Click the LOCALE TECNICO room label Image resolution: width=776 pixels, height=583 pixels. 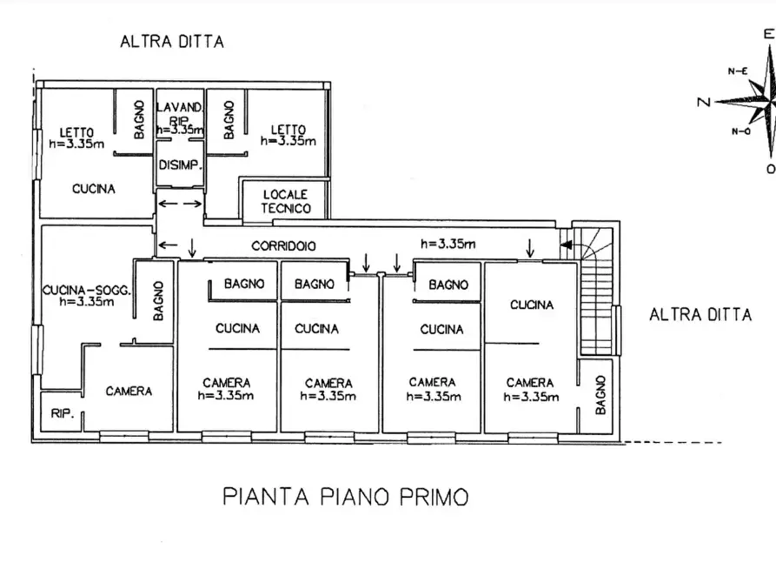click(285, 201)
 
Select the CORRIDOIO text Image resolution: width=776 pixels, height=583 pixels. click(283, 246)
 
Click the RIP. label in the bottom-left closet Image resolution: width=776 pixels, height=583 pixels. click(60, 413)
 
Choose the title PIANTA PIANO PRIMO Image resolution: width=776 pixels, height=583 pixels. click(345, 497)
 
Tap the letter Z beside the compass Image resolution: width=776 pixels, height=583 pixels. click(703, 103)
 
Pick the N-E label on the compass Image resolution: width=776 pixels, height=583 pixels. click(739, 71)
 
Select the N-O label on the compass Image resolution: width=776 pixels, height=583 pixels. click(740, 131)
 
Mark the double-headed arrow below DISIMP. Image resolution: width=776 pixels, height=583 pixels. click(180, 204)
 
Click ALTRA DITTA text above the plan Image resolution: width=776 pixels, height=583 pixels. click(172, 41)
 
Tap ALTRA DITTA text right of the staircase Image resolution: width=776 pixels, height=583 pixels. click(700, 314)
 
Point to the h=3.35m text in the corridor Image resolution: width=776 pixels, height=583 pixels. click(448, 244)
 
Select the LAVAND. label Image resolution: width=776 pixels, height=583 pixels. click(179, 107)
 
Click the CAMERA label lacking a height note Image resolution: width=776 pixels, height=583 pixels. click(129, 392)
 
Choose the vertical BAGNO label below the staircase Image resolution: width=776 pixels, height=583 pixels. click(600, 394)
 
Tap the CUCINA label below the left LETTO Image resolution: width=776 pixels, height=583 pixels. click(94, 188)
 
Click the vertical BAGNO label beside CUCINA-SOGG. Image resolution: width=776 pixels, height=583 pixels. click(158, 299)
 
